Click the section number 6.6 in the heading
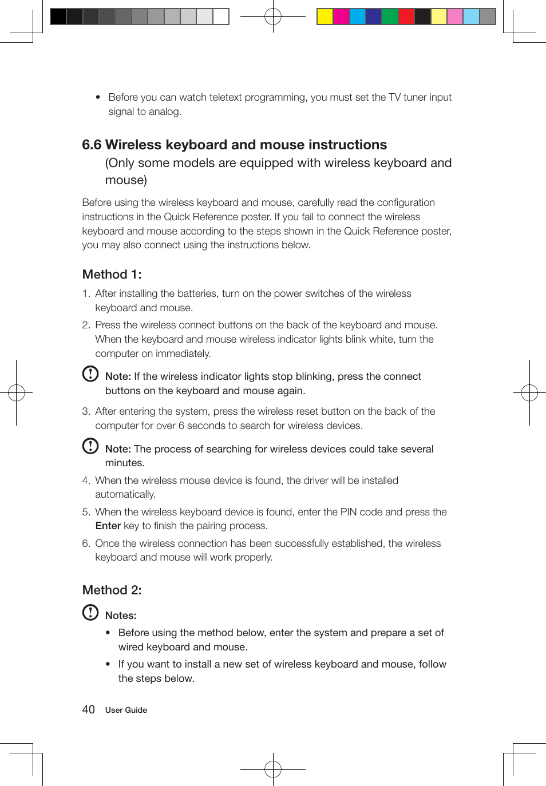(x=92, y=145)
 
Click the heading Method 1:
(x=112, y=275)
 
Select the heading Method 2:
(x=112, y=590)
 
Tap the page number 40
(x=88, y=710)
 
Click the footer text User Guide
(x=126, y=710)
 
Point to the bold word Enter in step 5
(x=108, y=526)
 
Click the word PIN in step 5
(x=349, y=512)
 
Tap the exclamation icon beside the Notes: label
(x=90, y=612)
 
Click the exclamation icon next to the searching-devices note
(x=90, y=446)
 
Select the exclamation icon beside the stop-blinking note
(x=90, y=374)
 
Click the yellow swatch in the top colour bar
(x=325, y=17)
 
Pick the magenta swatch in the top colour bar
(x=341, y=17)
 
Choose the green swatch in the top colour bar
(x=390, y=17)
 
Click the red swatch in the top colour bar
(x=406, y=17)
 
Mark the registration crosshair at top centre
(x=273, y=17)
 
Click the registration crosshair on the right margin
(x=529, y=393)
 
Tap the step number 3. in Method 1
(x=86, y=411)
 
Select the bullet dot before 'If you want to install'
(x=108, y=664)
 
